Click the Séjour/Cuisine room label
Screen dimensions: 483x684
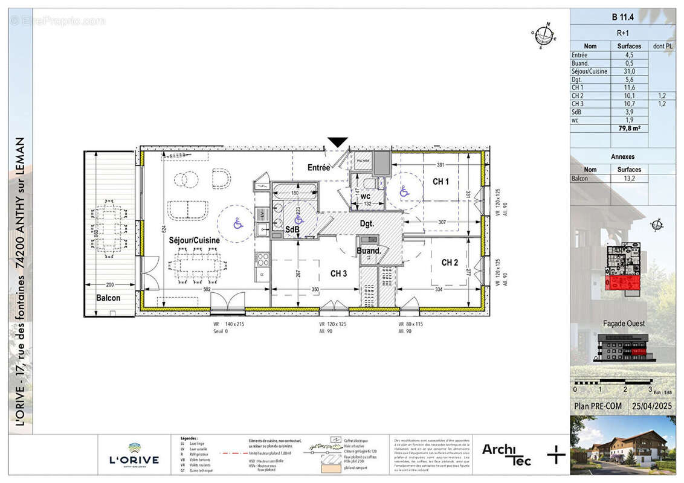pyautogui.click(x=194, y=240)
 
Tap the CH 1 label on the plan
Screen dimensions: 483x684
pyautogui.click(x=440, y=182)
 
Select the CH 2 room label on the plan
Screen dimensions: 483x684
pyautogui.click(x=450, y=262)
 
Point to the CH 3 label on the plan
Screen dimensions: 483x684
pyautogui.click(x=338, y=273)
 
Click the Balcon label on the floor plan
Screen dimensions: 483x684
pyautogui.click(x=108, y=298)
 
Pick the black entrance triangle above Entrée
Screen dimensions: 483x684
pyautogui.click(x=338, y=142)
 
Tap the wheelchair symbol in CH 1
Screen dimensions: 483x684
pyautogui.click(x=404, y=192)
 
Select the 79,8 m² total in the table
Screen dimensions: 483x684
pyautogui.click(x=628, y=128)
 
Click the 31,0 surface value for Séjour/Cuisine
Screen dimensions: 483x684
pyautogui.click(x=629, y=71)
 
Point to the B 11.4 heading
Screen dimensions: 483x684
pyautogui.click(x=623, y=17)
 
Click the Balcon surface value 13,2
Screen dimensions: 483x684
pyautogui.click(x=629, y=179)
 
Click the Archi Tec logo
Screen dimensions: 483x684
pyautogui.click(x=506, y=454)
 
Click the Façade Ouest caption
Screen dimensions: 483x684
pyautogui.click(x=623, y=323)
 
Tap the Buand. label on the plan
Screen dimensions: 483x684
pyautogui.click(x=369, y=251)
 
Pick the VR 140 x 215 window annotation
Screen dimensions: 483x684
pyautogui.click(x=228, y=325)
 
